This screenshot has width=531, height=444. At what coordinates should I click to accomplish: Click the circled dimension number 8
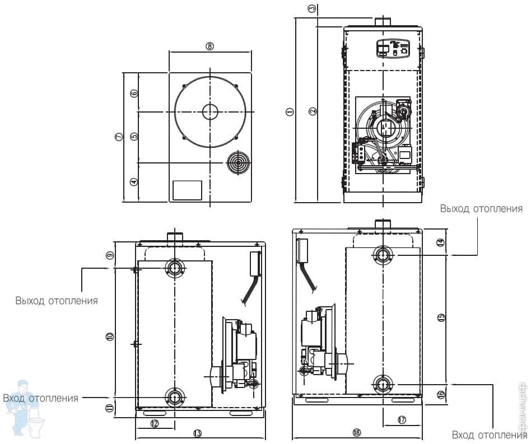210,46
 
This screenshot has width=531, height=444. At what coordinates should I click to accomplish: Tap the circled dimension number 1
290,111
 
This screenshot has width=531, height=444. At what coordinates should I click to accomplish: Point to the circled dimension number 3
312,8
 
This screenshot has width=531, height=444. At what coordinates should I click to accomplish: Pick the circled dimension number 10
110,336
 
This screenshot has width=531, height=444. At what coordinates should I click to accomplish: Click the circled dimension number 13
197,433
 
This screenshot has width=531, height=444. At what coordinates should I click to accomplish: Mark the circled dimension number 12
155,423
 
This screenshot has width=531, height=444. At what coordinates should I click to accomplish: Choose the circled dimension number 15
441,317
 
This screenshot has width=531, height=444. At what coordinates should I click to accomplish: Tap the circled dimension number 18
357,432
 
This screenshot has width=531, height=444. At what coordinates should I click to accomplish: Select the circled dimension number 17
401,419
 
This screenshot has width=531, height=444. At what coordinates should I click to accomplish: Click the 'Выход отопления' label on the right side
481,209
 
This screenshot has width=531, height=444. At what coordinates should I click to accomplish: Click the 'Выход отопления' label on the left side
57,301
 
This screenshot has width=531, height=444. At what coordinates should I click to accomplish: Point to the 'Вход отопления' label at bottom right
489,435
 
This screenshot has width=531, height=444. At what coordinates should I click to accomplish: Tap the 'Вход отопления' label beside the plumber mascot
40,398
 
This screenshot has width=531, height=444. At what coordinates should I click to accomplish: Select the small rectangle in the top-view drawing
187,190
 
